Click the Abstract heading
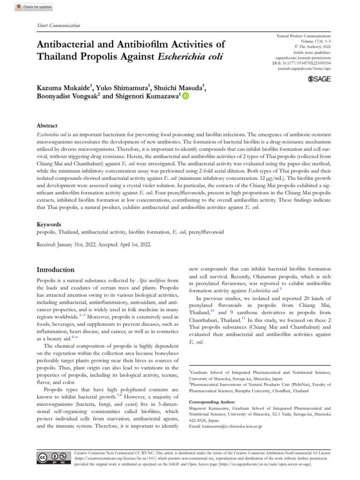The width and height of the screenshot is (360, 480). (47, 126)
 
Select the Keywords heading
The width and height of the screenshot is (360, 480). (48, 225)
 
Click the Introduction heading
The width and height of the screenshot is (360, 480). (55, 270)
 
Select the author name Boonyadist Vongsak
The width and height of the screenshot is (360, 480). (67, 96)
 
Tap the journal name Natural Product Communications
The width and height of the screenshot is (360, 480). (304, 36)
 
